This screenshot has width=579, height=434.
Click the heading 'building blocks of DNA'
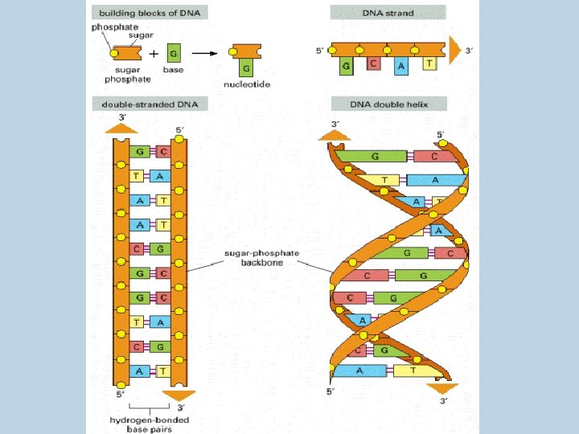[150, 14]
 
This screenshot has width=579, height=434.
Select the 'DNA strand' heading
[388, 14]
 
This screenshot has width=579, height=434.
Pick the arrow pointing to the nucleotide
[205, 53]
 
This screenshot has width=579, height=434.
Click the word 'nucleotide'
[247, 82]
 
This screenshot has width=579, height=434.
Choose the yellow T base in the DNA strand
[429, 63]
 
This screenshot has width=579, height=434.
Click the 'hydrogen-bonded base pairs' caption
[150, 424]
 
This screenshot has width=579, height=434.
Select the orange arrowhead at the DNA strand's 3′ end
[456, 51]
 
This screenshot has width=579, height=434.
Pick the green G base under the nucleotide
[247, 67]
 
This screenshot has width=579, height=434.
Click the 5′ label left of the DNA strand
[320, 51]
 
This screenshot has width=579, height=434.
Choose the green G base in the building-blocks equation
[174, 53]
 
